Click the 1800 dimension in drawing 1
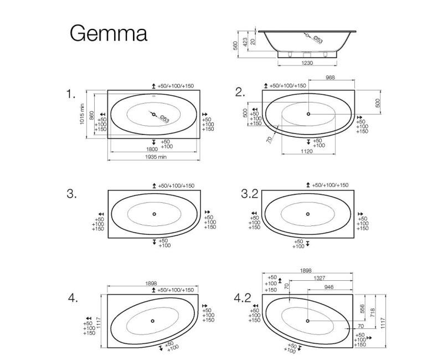(x=153, y=150)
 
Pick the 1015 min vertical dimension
(x=82, y=115)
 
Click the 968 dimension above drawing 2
(x=332, y=78)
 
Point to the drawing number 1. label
(x=70, y=95)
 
